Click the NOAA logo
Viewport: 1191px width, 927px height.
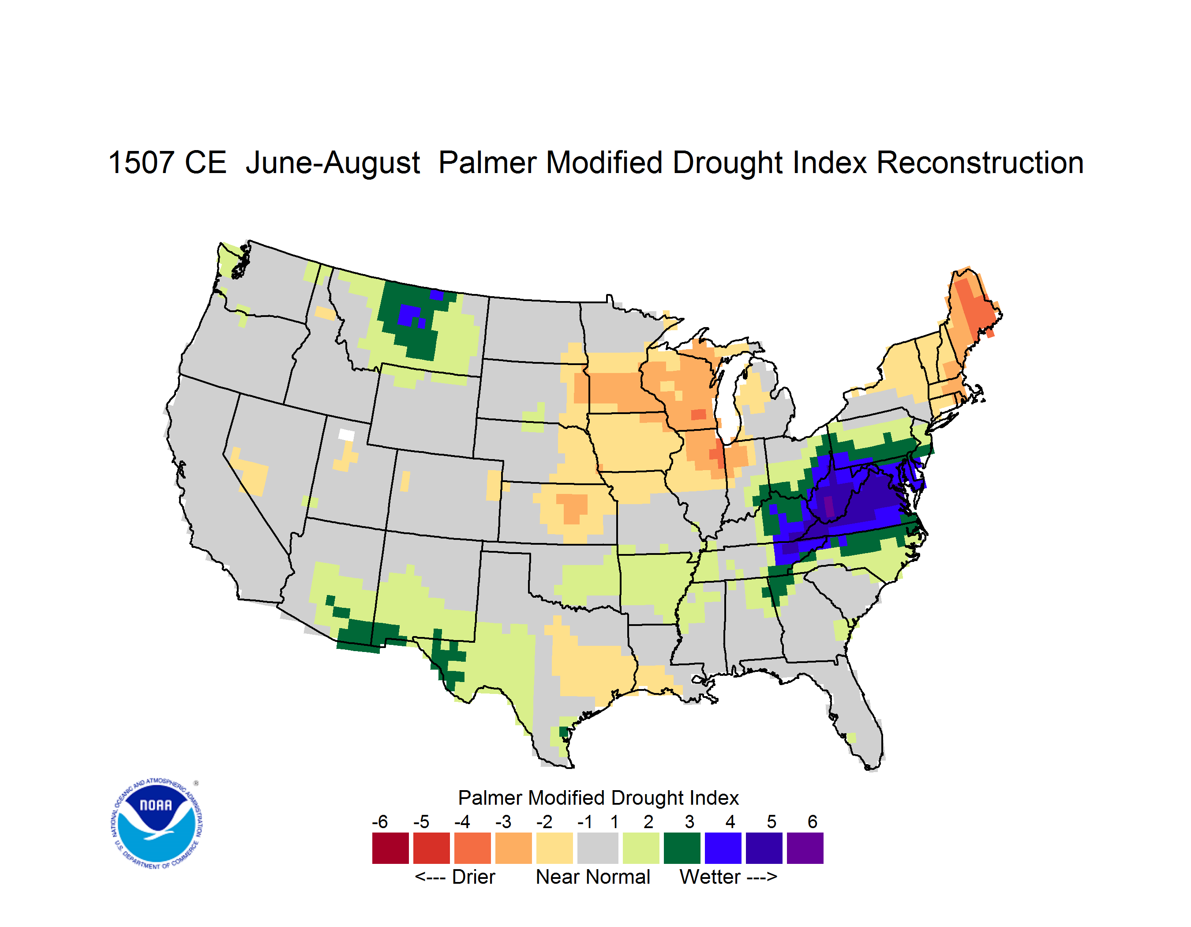[x=157, y=824]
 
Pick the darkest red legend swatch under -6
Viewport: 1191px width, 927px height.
[x=390, y=848]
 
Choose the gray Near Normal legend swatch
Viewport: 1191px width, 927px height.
[x=598, y=848]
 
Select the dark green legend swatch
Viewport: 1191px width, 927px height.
[x=682, y=848]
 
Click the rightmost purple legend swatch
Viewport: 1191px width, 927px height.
[x=805, y=848]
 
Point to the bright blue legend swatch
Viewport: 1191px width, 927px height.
[x=723, y=848]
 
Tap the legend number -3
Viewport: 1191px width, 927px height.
[x=503, y=821]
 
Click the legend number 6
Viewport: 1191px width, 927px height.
[x=813, y=821]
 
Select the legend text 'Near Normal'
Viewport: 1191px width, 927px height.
[x=593, y=877]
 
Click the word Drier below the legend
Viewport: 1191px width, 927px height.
[x=473, y=877]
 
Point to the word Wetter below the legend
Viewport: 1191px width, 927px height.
[x=710, y=877]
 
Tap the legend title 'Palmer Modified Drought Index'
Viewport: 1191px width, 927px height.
[x=598, y=798]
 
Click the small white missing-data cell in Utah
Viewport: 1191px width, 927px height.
[x=346, y=435]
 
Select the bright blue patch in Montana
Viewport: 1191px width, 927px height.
[x=409, y=315]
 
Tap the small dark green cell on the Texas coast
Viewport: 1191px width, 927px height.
[x=564, y=732]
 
